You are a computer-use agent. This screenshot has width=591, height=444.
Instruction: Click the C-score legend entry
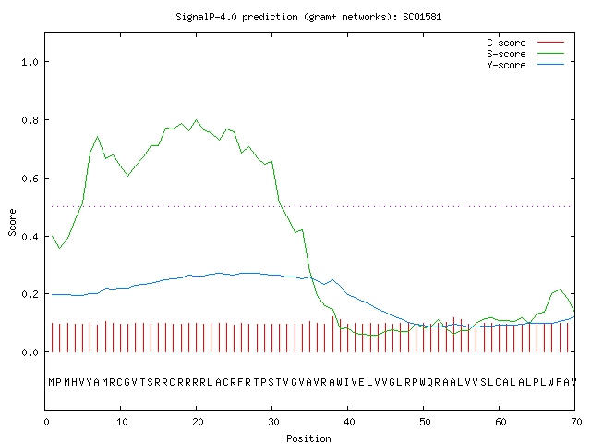click(x=525, y=43)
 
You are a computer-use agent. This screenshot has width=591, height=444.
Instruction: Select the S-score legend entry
click(x=525, y=54)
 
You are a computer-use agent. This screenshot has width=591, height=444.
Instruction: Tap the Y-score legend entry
click(x=525, y=65)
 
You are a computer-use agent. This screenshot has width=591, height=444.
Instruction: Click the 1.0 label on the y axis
click(x=30, y=62)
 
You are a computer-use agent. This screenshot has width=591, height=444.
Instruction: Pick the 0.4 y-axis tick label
click(x=30, y=237)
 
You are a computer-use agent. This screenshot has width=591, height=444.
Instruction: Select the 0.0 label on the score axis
click(x=30, y=352)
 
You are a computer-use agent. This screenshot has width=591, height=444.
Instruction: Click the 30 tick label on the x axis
click(x=273, y=422)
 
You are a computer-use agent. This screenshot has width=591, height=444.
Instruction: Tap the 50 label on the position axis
click(x=425, y=422)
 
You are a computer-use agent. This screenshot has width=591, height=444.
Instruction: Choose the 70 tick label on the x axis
click(x=576, y=422)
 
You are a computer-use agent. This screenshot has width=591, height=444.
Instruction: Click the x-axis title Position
click(x=308, y=438)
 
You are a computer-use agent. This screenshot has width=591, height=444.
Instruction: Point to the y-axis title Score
click(x=12, y=222)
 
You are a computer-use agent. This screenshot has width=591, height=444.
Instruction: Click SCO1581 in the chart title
click(x=422, y=17)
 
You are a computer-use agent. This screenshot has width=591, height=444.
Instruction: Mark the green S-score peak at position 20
click(x=196, y=119)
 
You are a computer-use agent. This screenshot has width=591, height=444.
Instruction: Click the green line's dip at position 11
click(x=128, y=176)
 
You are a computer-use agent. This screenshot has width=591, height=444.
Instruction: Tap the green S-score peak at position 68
click(x=561, y=290)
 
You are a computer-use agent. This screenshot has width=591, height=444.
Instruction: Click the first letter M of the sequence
click(x=52, y=382)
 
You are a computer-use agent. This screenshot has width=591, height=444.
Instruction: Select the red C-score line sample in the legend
click(x=550, y=42)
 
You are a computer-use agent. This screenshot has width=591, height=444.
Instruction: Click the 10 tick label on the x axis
click(x=122, y=422)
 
